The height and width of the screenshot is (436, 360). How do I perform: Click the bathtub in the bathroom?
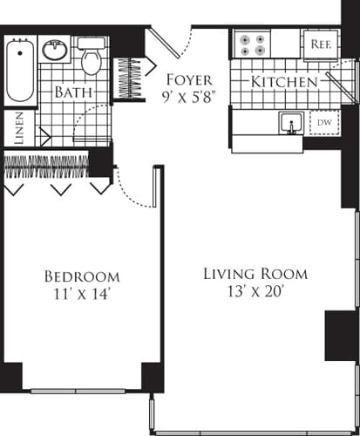click(x=18, y=70)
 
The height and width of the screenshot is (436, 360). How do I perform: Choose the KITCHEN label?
click(x=284, y=82)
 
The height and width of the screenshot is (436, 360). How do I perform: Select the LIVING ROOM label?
click(x=255, y=274)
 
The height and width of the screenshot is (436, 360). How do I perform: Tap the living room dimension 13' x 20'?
click(x=255, y=294)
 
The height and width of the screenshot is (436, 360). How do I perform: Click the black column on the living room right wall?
click(x=337, y=335)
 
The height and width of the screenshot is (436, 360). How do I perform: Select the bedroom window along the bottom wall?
click(x=85, y=390)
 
